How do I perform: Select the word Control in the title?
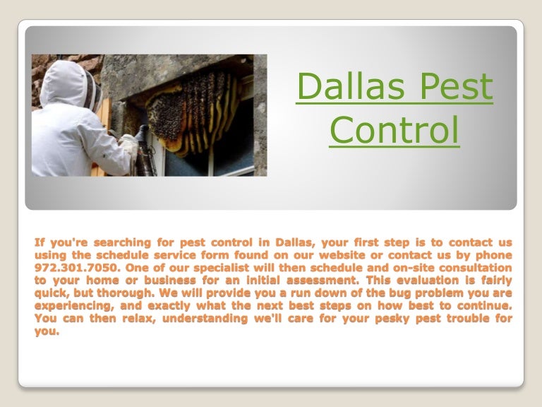click(x=394, y=131)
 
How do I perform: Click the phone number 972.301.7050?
click(x=68, y=268)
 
